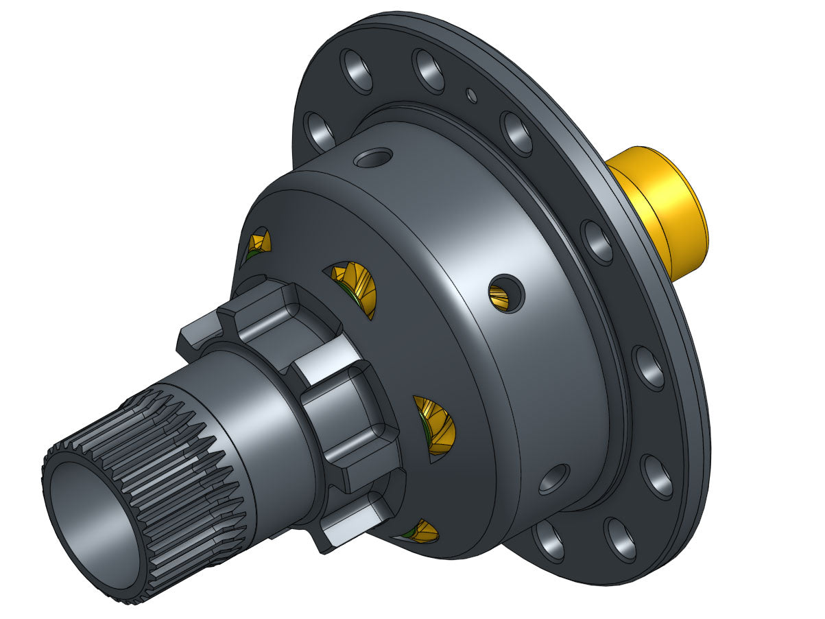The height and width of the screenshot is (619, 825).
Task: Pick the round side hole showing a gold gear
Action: pos(505,294)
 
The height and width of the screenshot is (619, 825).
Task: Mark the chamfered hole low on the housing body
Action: pos(554,478)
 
